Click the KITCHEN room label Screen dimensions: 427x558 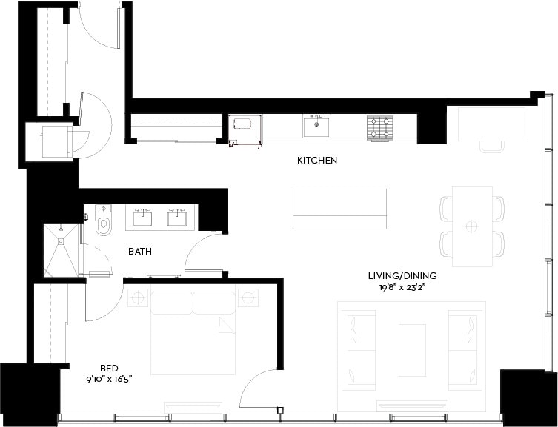317,160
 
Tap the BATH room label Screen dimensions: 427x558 140,252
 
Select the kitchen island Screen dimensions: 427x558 339,209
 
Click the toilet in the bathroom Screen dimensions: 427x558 102,221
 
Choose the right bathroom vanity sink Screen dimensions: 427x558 178,218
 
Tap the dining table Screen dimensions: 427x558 472,226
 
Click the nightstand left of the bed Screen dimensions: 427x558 138,298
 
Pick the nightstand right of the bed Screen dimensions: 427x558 248,298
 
